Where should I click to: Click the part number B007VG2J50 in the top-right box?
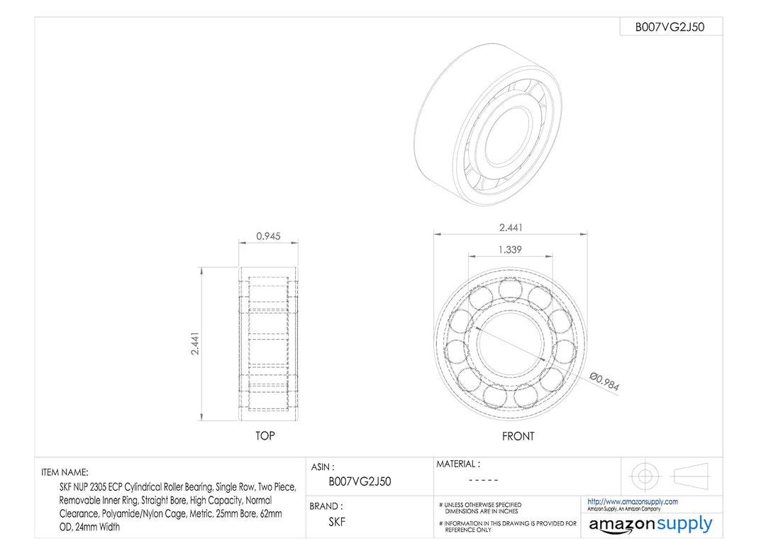[670, 27]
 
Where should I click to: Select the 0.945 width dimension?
[267, 236]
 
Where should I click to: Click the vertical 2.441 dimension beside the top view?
[194, 343]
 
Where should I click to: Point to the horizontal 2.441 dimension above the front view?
[511, 227]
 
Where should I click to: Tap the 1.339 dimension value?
[511, 250]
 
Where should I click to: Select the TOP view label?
[265, 435]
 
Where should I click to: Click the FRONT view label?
[518, 436]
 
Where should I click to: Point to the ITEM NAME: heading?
[65, 472]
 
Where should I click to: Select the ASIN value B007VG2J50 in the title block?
[360, 481]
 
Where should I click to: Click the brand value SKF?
[337, 521]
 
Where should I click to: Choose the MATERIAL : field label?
[457, 464]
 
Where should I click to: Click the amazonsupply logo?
[650, 525]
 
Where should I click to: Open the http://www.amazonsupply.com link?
[633, 501]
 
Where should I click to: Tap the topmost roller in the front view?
[510, 289]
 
